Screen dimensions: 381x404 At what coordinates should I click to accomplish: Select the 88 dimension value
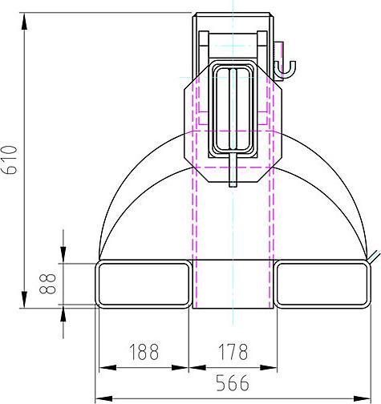pyautogui.click(x=47, y=284)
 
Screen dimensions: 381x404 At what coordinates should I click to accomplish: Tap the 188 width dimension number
pyautogui.click(x=144, y=352)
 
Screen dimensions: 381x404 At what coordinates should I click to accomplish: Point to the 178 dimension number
pyautogui.click(x=233, y=352)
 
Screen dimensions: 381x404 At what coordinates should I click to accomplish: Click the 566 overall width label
pyautogui.click(x=233, y=382)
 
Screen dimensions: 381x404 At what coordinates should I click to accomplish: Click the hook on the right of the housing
pyautogui.click(x=286, y=70)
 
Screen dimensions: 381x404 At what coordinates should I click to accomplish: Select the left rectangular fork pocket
pyautogui.click(x=144, y=284)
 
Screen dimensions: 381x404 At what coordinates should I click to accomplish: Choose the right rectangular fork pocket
pyautogui.click(x=322, y=284)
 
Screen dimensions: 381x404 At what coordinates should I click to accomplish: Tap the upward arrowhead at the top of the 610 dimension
pyautogui.click(x=24, y=22)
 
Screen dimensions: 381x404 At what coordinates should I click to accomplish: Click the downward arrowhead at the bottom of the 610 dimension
pyautogui.click(x=24, y=299)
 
